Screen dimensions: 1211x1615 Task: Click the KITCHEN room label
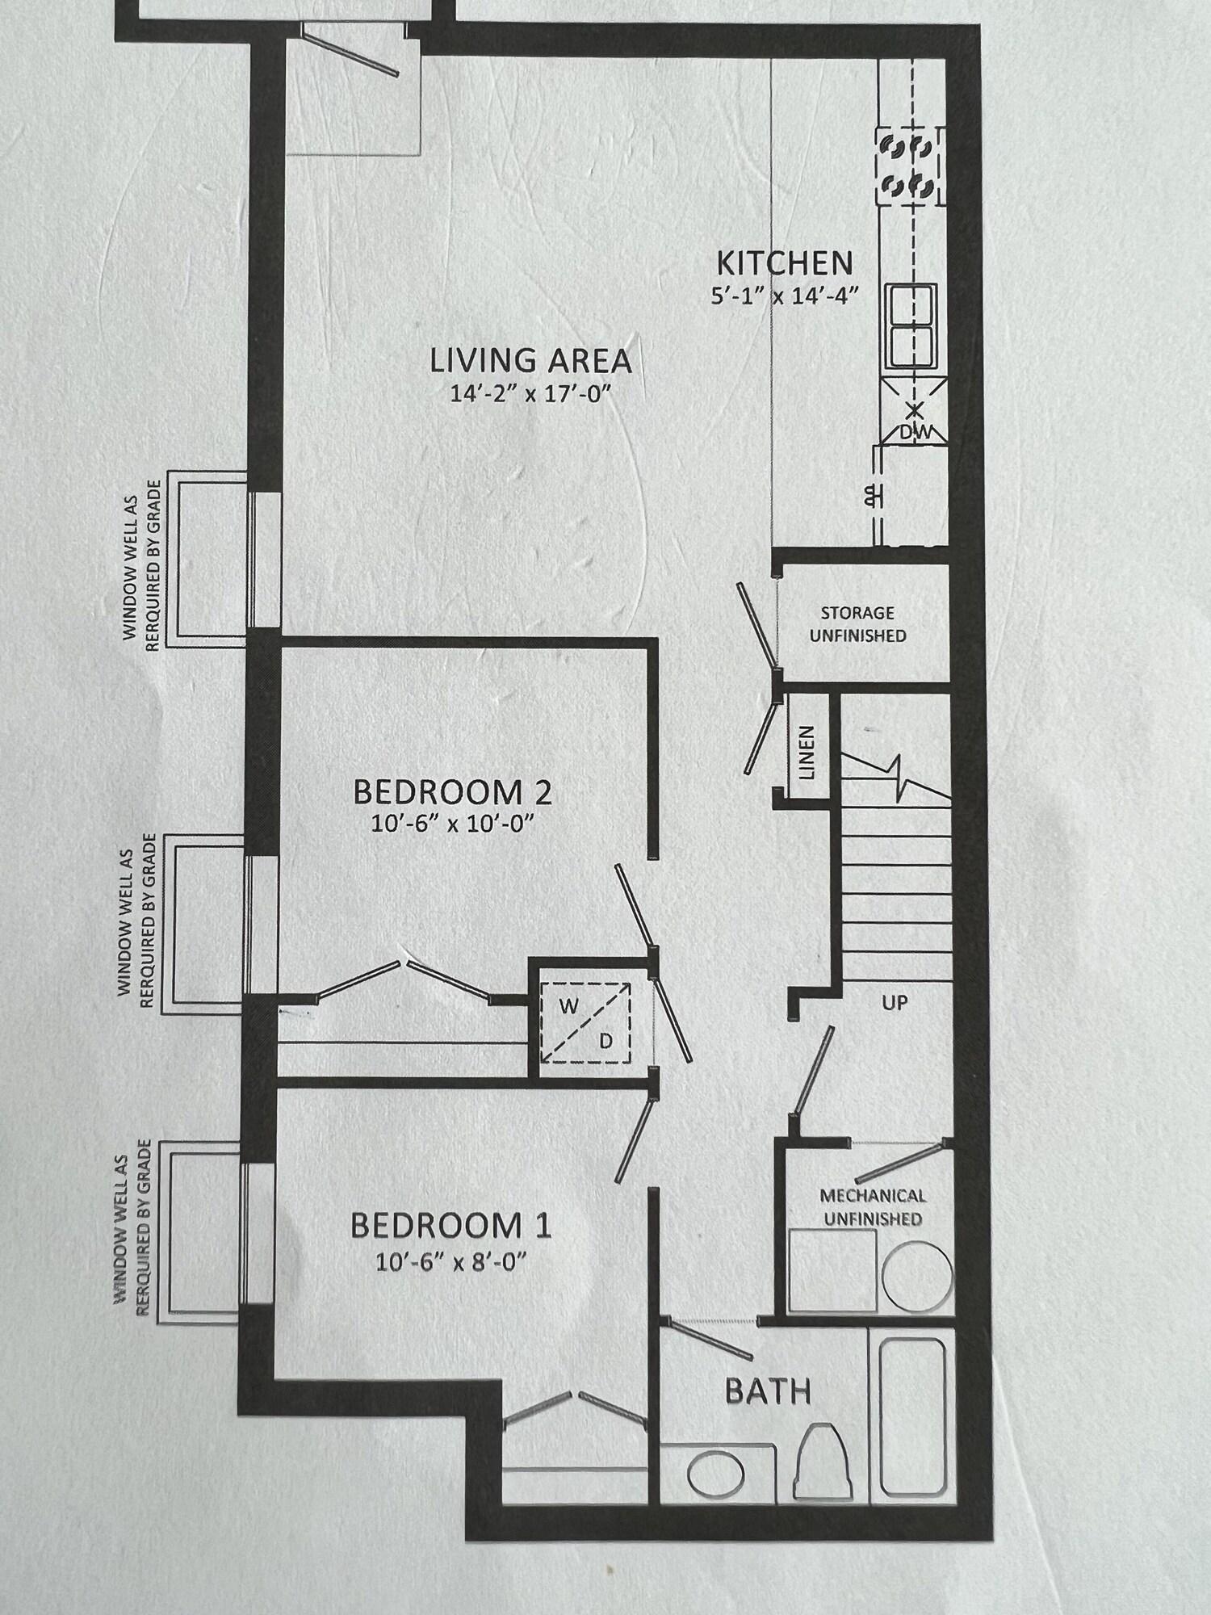tap(785, 263)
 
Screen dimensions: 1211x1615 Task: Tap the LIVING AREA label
tap(530, 361)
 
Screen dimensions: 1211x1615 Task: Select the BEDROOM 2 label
tap(453, 792)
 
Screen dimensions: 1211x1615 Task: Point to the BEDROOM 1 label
tap(451, 1226)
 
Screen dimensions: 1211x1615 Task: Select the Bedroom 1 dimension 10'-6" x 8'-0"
tap(451, 1261)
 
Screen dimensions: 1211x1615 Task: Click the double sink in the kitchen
tap(912, 325)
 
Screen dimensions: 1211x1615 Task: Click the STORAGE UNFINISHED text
tap(857, 624)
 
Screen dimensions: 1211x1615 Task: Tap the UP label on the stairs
tap(895, 1003)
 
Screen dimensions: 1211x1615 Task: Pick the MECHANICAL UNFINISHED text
tap(873, 1206)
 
